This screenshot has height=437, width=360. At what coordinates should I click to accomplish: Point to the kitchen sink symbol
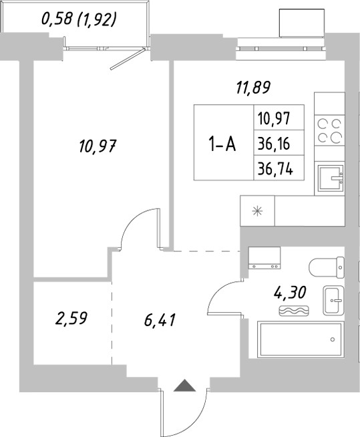point(331,177)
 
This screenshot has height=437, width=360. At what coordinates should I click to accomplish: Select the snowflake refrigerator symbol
point(256,211)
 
